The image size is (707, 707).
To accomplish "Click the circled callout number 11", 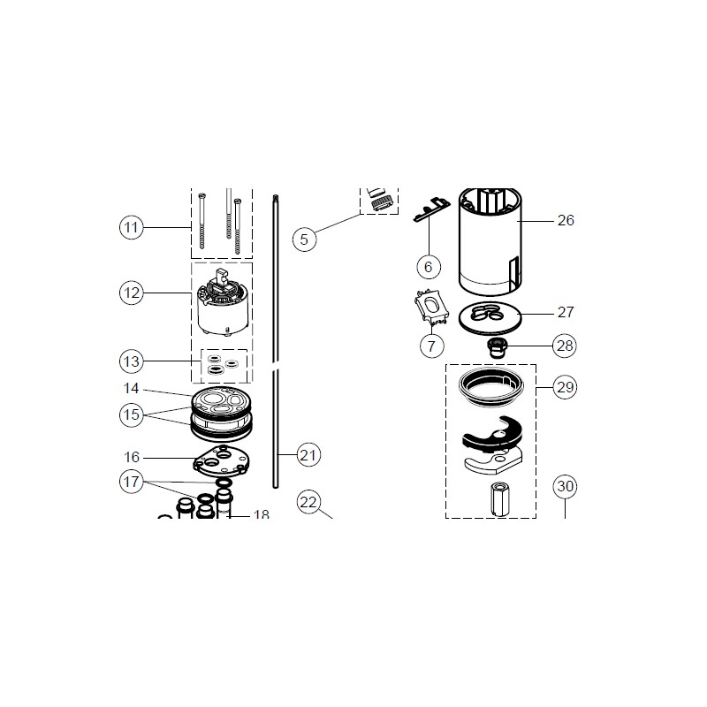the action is [x=131, y=227].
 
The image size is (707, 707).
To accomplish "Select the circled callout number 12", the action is [x=131, y=293].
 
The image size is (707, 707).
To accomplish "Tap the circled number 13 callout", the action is [x=131, y=361].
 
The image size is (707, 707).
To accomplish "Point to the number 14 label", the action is [x=131, y=388].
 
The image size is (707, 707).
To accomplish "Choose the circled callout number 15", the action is [x=131, y=414].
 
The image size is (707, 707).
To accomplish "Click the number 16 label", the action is [x=132, y=457].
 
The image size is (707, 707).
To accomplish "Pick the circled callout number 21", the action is [x=308, y=455].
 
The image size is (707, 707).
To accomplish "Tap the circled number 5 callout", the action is [x=304, y=239].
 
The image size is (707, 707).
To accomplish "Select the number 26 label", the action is [x=566, y=220].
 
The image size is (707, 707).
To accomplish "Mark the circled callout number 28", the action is [x=565, y=346].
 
